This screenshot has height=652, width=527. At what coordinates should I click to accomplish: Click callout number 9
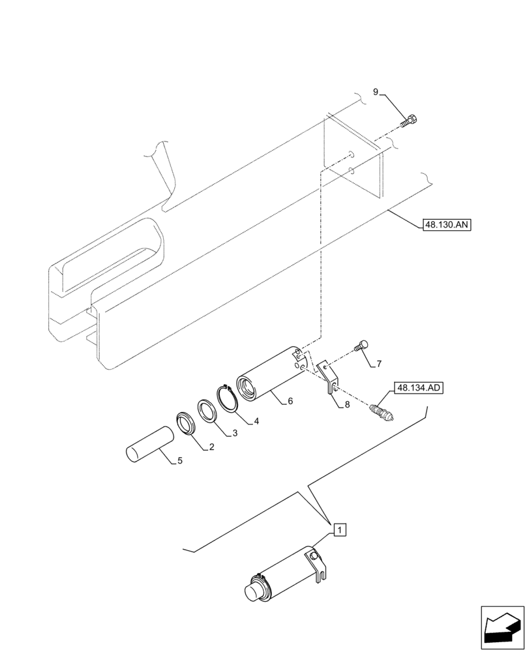point(376,92)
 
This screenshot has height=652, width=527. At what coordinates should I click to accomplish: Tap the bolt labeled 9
point(410,121)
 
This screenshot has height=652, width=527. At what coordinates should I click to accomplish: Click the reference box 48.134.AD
point(418,388)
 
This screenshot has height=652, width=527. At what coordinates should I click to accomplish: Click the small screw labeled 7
point(361,346)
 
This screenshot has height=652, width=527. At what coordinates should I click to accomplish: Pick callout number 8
point(347,405)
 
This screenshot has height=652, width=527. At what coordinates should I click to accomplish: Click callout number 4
point(256,421)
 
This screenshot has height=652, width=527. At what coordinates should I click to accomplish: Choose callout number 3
point(235,433)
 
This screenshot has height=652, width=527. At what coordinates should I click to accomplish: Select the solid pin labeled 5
point(148,445)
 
